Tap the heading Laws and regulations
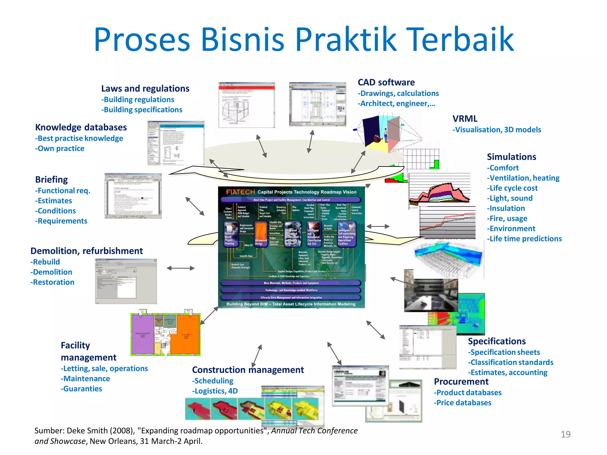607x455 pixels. pos(145,89)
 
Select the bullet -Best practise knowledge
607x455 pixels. pos(79,138)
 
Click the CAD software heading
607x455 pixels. pos(386,82)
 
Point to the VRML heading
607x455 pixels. pos(465,119)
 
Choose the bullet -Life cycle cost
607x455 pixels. pos(512,188)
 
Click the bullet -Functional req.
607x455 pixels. pos(63,190)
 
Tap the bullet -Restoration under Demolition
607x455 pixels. pos(52,282)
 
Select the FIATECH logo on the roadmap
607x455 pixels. pos(240,192)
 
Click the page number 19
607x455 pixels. pos(566,434)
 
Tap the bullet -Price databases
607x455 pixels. pos(463,403)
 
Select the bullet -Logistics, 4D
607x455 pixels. pos(215,391)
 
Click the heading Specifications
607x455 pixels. pos(497,341)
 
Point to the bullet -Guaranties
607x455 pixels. pos(82,389)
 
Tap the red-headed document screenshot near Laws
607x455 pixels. pos(247,105)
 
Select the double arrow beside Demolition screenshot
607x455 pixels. pos(180,268)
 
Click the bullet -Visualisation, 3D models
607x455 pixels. pos(497,130)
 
